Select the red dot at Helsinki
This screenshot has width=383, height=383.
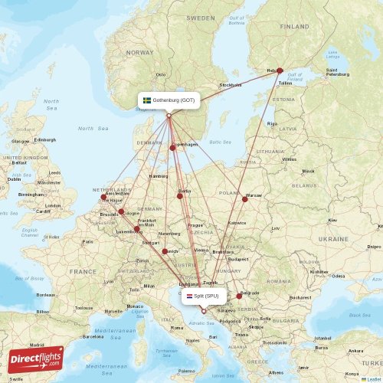280,70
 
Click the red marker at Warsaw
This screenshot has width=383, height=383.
245,199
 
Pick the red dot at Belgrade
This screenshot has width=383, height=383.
239,296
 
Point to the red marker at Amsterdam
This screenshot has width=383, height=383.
103,197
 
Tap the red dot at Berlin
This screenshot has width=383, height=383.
180,196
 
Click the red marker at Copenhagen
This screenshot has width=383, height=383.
173,148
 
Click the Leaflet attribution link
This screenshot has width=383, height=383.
373,379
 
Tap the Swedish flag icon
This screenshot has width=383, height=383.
147,100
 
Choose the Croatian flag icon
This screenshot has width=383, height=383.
190,295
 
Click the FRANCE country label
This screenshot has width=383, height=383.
82,271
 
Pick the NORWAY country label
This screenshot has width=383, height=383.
140,53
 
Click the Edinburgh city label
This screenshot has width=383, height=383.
45,139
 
